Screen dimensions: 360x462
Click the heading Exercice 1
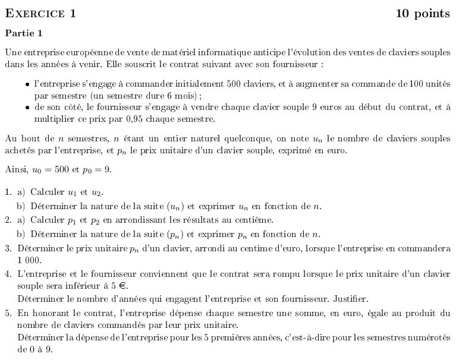[40, 14]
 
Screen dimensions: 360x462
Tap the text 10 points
[423, 14]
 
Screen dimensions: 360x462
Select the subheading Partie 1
[23, 33]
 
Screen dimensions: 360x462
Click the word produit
[423, 312]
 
